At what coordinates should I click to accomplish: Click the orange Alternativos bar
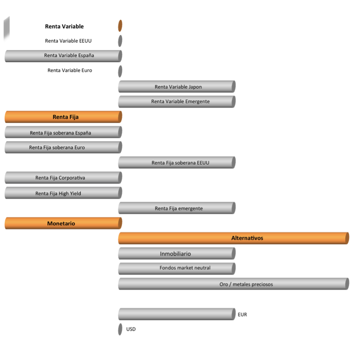click(234, 238)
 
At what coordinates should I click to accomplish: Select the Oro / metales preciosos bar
click(234, 284)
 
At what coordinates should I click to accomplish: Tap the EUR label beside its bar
click(242, 315)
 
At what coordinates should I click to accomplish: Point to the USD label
click(131, 329)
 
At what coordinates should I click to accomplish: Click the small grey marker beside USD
click(120, 329)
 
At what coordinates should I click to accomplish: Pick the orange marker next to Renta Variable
click(120, 26)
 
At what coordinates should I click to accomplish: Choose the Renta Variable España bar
click(63, 56)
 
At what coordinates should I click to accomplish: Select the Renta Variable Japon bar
click(177, 87)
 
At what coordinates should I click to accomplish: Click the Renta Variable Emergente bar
click(177, 102)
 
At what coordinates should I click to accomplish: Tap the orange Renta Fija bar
click(63, 117)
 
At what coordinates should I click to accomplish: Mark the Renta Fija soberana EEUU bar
click(177, 163)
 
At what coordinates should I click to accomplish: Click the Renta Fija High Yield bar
click(63, 193)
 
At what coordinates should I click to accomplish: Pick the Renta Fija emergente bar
click(177, 208)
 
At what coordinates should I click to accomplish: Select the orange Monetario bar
click(63, 223)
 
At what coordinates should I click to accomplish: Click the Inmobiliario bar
click(177, 254)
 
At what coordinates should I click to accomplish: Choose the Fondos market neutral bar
click(177, 269)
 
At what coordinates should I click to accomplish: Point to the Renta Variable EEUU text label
click(68, 41)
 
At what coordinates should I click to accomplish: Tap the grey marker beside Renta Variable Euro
click(120, 71)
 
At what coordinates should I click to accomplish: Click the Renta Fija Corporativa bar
click(63, 178)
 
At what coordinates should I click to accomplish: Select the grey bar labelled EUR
click(177, 314)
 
